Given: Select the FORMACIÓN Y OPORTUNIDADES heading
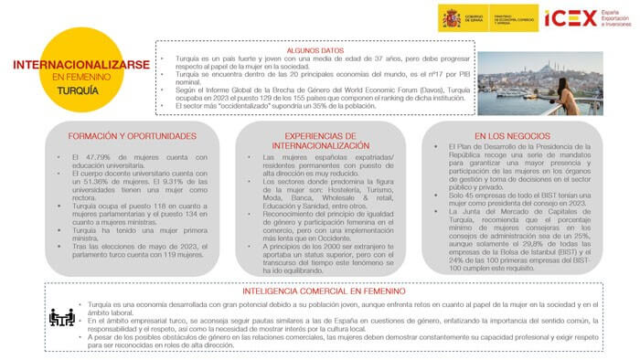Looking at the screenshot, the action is click(x=132, y=136).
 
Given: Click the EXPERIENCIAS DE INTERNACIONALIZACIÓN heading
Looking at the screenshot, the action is click(x=314, y=140).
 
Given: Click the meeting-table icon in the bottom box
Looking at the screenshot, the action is click(x=61, y=317).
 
